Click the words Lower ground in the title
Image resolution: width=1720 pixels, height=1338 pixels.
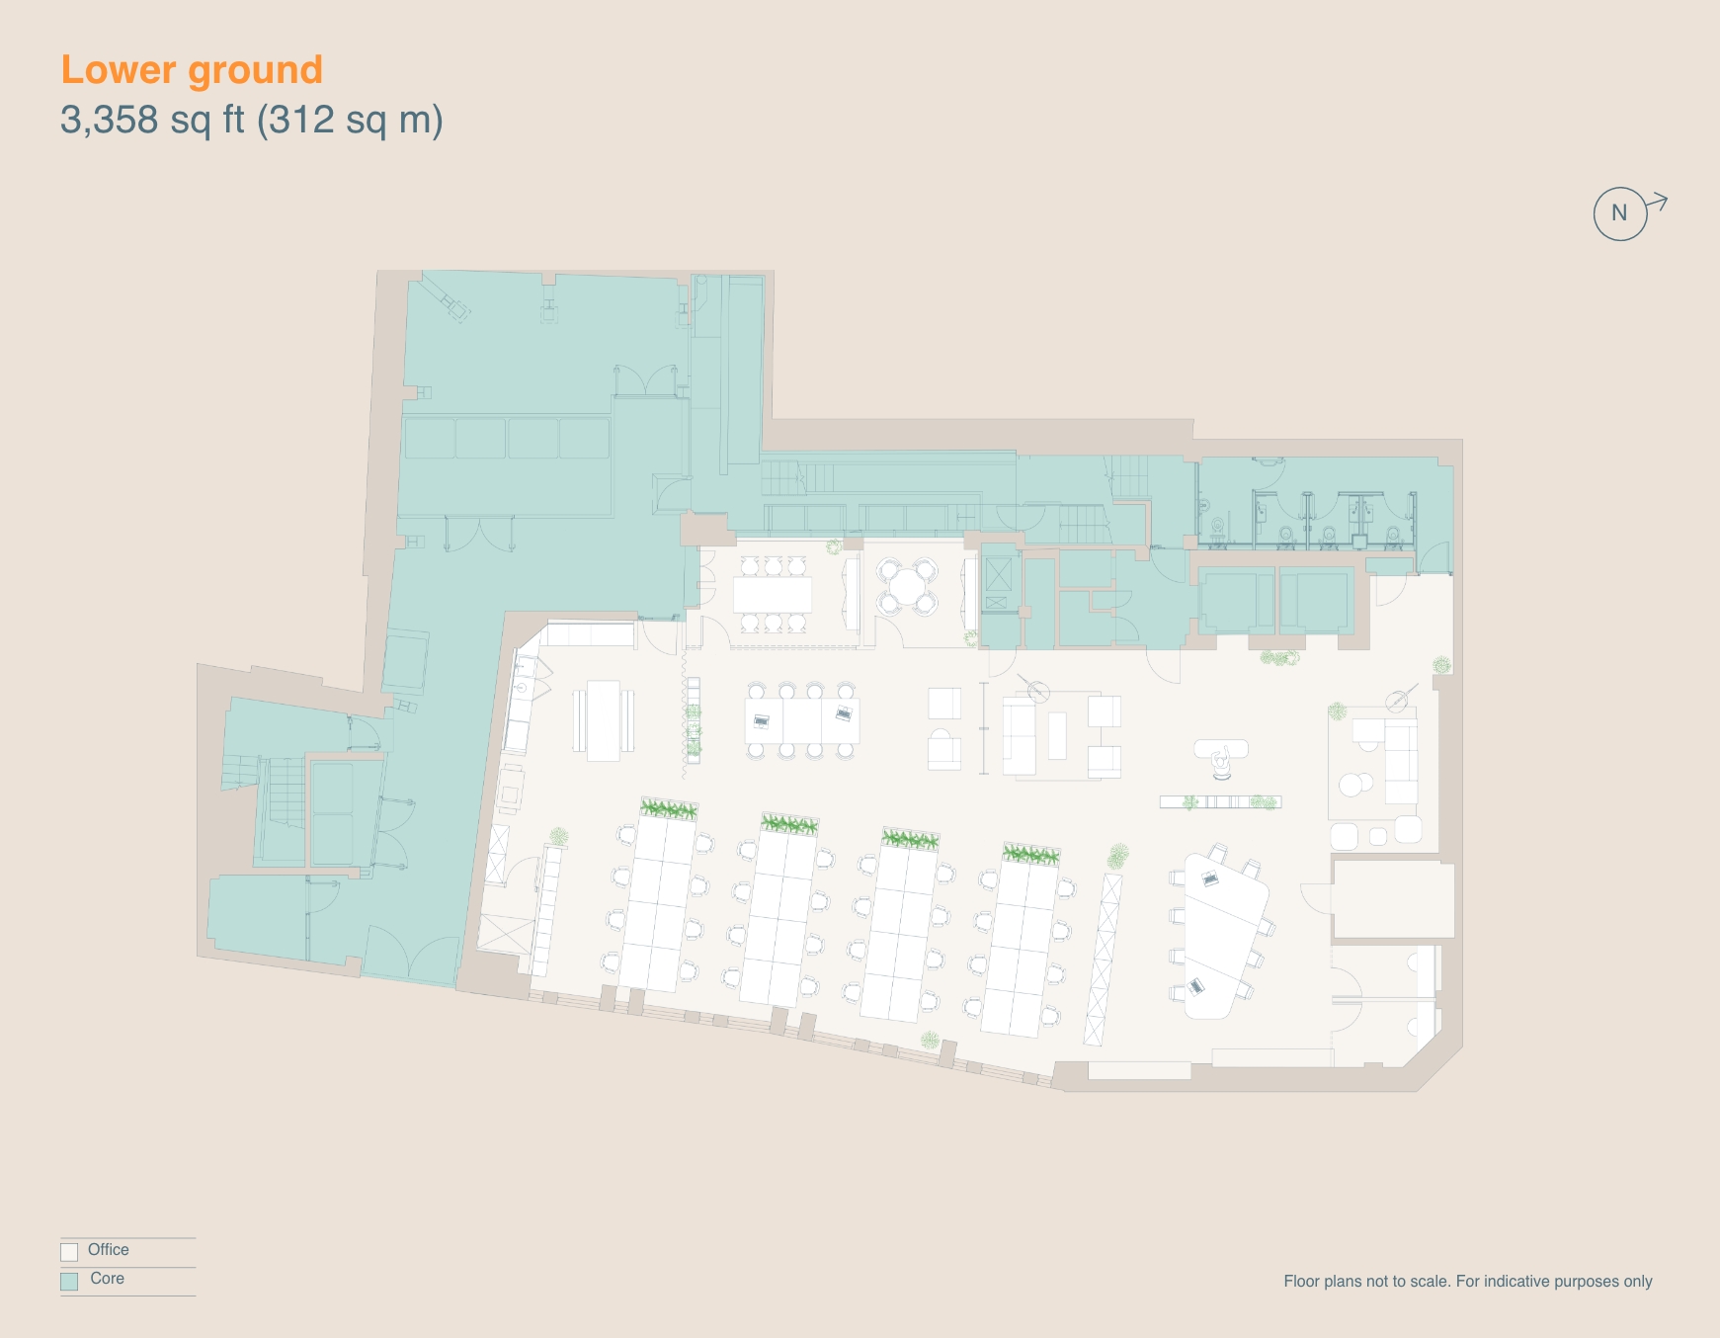click(192, 70)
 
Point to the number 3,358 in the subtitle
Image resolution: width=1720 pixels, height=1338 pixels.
click(110, 120)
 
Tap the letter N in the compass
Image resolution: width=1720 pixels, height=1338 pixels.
click(1618, 212)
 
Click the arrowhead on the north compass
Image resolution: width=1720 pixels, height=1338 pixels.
click(1662, 202)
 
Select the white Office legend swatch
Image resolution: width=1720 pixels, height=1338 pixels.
click(69, 1252)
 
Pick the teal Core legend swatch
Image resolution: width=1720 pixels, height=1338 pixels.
click(69, 1281)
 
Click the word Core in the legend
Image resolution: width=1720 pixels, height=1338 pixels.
click(107, 1279)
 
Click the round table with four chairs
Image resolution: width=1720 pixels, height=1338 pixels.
click(906, 587)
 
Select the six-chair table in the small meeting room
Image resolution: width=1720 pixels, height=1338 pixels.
click(772, 594)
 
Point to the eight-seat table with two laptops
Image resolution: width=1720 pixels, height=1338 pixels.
click(801, 719)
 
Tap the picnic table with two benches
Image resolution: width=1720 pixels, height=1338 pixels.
click(603, 720)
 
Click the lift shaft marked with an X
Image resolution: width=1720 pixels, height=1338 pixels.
click(998, 573)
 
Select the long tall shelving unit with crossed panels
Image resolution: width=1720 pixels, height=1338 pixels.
click(1102, 959)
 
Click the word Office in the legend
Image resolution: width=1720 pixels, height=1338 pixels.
click(109, 1250)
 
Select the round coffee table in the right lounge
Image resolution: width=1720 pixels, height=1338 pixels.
click(1351, 786)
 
